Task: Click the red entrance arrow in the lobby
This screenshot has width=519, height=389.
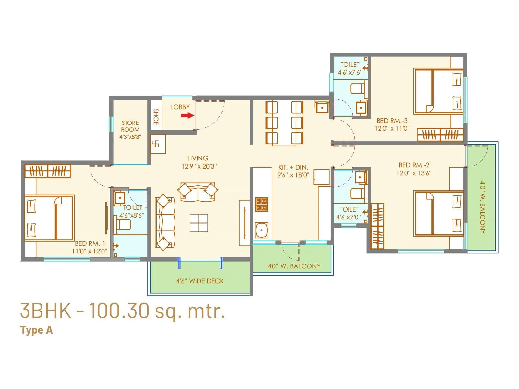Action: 187,115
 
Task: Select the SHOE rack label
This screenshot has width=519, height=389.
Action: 156,117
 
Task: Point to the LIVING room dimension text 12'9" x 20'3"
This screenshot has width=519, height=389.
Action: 199,166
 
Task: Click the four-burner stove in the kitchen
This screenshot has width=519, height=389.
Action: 261,204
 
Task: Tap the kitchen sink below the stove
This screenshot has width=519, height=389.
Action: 261,230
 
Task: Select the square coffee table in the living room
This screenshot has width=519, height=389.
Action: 199,223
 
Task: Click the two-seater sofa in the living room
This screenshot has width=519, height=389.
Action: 198,192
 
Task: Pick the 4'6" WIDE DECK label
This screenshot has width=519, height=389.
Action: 200,281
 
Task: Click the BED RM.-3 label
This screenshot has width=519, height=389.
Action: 392,121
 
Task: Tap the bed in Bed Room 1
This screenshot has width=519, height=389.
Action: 49,218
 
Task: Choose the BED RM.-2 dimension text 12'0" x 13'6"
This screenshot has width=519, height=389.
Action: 414,173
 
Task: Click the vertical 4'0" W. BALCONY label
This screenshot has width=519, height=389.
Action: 483,207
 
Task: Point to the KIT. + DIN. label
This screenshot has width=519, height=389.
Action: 293,167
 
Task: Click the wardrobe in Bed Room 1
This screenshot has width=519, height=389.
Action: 48,171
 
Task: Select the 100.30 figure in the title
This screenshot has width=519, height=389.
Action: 119,311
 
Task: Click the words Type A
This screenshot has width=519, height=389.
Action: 36,330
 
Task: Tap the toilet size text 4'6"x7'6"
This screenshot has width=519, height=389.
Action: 350,72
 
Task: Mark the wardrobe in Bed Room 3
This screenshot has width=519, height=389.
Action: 440,135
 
